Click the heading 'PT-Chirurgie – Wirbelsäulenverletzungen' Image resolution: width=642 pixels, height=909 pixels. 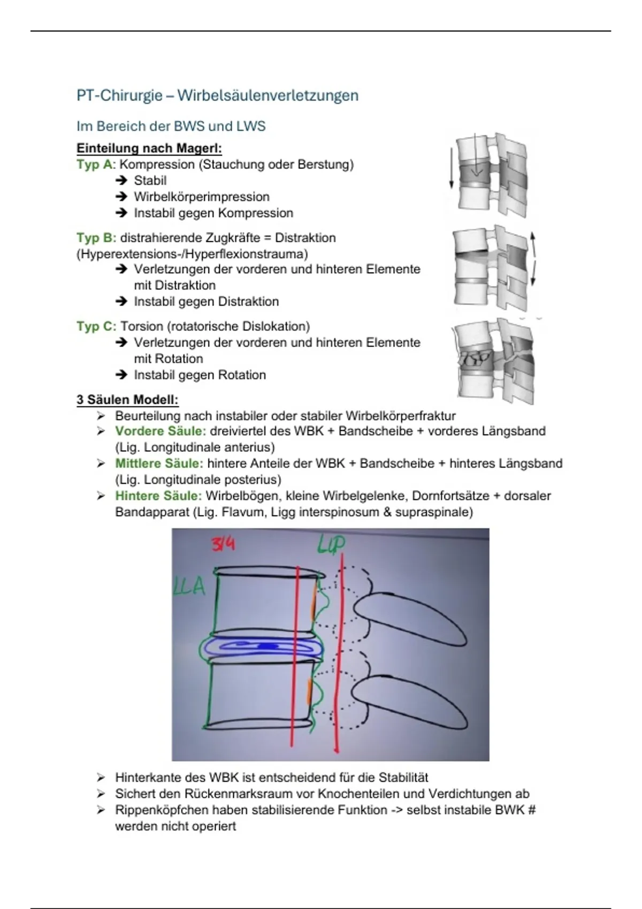coord(217,96)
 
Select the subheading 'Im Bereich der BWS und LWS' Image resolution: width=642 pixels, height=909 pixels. coord(171,126)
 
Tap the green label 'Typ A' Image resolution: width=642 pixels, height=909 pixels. coord(95,165)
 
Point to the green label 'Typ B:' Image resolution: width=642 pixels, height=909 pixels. coord(96,238)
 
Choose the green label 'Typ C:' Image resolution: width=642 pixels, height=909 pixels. coord(96,326)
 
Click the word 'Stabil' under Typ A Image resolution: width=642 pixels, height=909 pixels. coord(150,181)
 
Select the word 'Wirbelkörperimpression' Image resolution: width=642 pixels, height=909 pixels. coord(201,197)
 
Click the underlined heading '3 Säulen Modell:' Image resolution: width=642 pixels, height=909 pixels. coord(127,399)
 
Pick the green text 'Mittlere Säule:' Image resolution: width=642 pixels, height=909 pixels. coord(159,464)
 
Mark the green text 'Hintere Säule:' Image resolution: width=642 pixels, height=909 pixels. coord(158,496)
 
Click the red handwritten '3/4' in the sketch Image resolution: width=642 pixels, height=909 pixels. coord(223,544)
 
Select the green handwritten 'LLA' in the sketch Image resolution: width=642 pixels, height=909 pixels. coord(189,587)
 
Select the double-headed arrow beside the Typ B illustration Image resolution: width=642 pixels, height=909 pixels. coord(533,259)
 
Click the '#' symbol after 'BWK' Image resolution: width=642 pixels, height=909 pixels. coord(531,810)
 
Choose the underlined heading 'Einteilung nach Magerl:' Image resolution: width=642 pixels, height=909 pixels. coord(149,148)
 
